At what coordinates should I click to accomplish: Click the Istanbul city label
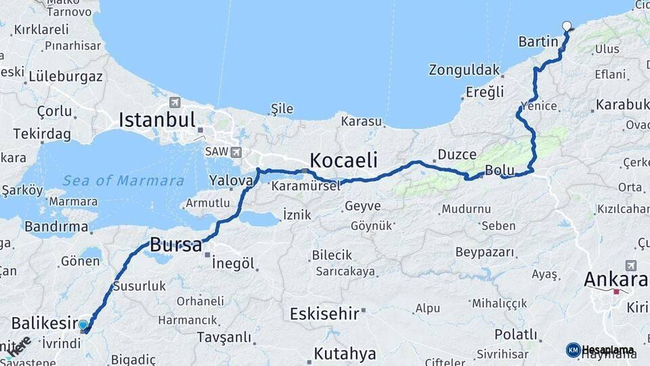(x=157, y=120)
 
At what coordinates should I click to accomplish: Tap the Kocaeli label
(x=343, y=160)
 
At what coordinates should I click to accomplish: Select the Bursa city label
(x=175, y=244)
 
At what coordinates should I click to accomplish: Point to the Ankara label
(x=615, y=279)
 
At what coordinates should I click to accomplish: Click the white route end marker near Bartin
(x=567, y=26)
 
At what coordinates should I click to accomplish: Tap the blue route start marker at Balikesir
(x=83, y=325)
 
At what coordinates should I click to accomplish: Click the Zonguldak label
(x=464, y=70)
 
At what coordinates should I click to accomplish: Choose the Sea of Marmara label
(x=123, y=180)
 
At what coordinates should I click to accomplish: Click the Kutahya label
(x=345, y=353)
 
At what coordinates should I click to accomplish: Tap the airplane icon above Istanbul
(x=175, y=102)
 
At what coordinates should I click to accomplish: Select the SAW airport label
(x=217, y=152)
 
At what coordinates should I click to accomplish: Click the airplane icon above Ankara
(x=631, y=265)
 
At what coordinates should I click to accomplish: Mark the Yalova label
(x=231, y=180)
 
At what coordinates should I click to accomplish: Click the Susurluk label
(x=139, y=286)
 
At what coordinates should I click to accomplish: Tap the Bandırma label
(x=56, y=226)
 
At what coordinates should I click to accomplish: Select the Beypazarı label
(x=484, y=253)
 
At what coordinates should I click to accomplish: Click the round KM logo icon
(x=573, y=350)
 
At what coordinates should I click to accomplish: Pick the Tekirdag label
(x=41, y=134)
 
